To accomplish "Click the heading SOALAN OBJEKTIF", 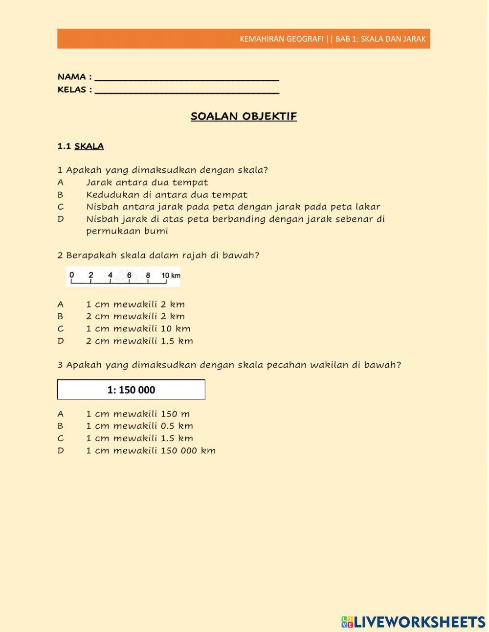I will coord(244,117).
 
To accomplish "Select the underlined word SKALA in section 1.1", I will coord(89,146).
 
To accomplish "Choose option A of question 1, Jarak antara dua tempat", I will coord(147,183).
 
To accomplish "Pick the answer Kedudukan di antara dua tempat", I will coord(166,195).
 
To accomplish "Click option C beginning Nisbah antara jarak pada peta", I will coord(233,207).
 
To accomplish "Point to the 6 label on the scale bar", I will coord(129,275).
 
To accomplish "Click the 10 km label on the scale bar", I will coord(171,276).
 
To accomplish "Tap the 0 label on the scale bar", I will coord(72,275).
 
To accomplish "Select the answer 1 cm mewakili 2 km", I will coord(135,304).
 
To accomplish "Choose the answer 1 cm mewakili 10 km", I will coord(138,329).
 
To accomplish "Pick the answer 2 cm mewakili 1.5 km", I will coord(139,341).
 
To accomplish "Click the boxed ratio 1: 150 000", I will coord(131,390).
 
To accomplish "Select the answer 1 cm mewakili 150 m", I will coord(138,414).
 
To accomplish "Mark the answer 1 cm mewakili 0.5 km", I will coord(139,426).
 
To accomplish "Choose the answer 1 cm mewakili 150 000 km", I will coord(151,451).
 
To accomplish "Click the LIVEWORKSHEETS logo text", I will coord(419,622).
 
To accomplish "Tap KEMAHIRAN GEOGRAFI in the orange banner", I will coord(281,39).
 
